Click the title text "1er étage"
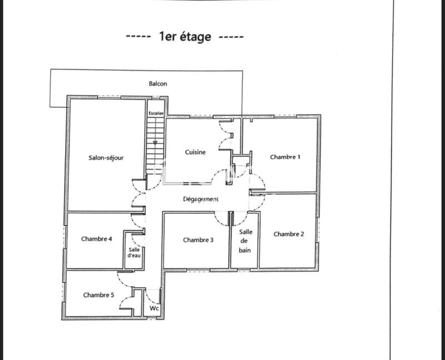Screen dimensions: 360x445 pyautogui.click(x=185, y=37)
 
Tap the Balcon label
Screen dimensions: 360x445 pyautogui.click(x=157, y=84)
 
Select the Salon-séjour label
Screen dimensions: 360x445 pyautogui.click(x=106, y=157)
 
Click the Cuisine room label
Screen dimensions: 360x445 pyautogui.click(x=195, y=152)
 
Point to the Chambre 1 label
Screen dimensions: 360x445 pyautogui.click(x=285, y=157)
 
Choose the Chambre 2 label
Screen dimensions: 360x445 pyautogui.click(x=289, y=234)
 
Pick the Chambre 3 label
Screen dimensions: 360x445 pyautogui.click(x=198, y=240)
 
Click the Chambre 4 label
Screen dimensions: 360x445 pyautogui.click(x=97, y=239)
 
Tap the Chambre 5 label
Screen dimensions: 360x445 pyautogui.click(x=98, y=295)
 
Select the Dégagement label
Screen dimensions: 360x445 pyautogui.click(x=200, y=199)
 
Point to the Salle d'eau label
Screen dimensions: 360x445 pyautogui.click(x=133, y=253)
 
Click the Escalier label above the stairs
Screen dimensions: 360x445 pyautogui.click(x=156, y=113)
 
